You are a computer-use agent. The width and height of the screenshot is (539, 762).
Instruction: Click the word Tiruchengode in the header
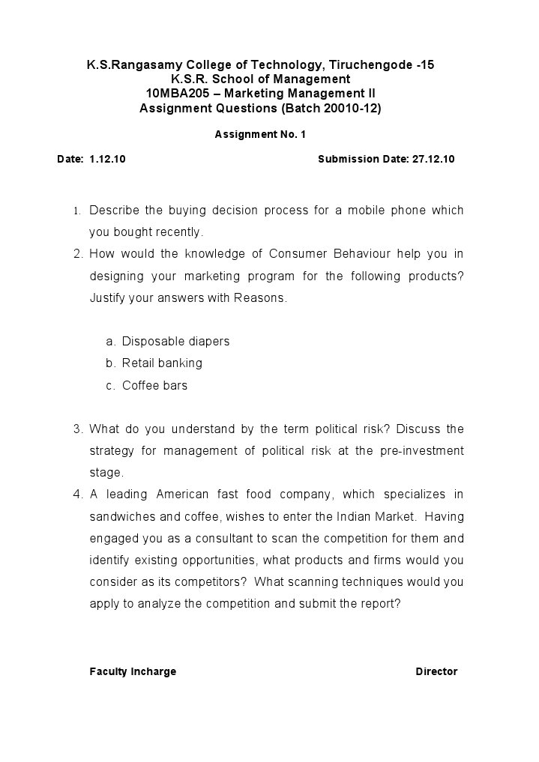(x=368, y=65)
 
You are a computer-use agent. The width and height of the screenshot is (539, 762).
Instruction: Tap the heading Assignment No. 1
(x=260, y=135)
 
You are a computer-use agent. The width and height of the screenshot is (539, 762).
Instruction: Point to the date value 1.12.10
(x=107, y=160)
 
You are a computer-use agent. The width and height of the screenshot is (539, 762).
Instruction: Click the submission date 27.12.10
(x=433, y=160)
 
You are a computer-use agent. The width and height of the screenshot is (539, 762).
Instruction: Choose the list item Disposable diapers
(x=175, y=342)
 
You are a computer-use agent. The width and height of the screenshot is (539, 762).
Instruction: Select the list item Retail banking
(x=162, y=363)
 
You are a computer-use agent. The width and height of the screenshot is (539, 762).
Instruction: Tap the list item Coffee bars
(x=154, y=386)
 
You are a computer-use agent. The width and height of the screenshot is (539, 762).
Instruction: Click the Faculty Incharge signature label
(x=133, y=671)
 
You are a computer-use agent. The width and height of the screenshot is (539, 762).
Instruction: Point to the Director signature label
(x=436, y=671)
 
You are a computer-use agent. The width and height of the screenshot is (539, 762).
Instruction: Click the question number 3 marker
(x=77, y=429)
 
